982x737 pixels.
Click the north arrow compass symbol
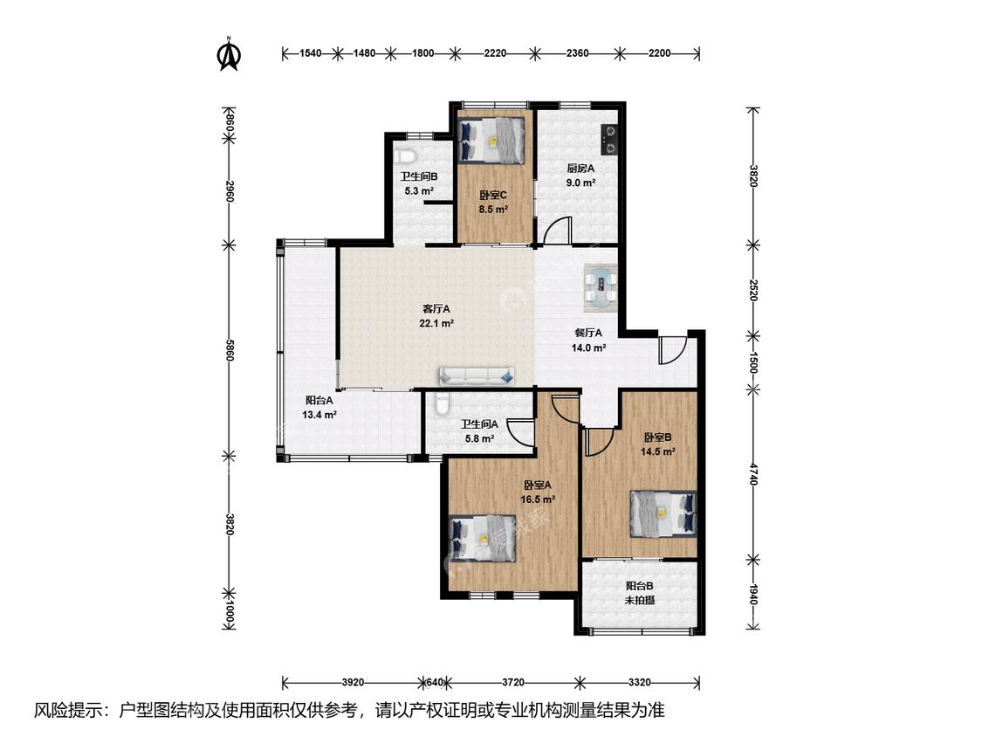(x=230, y=54)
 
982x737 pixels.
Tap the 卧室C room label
(x=493, y=196)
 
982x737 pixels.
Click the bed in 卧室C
(x=491, y=141)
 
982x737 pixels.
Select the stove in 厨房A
(x=608, y=140)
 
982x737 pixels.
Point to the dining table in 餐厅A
(x=601, y=287)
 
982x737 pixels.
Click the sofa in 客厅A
(x=477, y=375)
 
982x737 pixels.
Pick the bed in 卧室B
(x=663, y=514)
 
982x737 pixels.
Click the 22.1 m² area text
(x=436, y=324)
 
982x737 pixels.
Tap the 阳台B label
(x=640, y=586)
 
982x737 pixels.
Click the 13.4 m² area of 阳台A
(x=319, y=414)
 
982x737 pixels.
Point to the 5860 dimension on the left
(x=230, y=348)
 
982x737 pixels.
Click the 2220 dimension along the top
(x=495, y=53)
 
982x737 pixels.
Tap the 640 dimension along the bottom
(x=435, y=682)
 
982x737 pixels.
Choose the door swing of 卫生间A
(x=520, y=432)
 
